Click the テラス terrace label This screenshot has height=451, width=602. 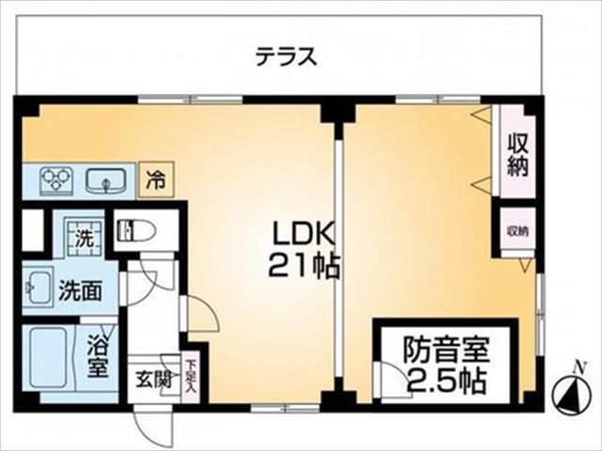(287, 56)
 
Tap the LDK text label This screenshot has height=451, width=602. (304, 234)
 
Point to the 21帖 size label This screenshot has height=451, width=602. (303, 266)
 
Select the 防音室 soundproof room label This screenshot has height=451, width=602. (446, 350)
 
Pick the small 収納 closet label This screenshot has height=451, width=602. (517, 231)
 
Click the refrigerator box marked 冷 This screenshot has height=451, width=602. (156, 179)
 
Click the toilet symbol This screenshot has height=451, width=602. (137, 230)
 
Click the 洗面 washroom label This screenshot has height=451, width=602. (80, 291)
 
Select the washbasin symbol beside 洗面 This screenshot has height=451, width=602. (38, 287)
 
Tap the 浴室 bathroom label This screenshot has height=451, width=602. (96, 356)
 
